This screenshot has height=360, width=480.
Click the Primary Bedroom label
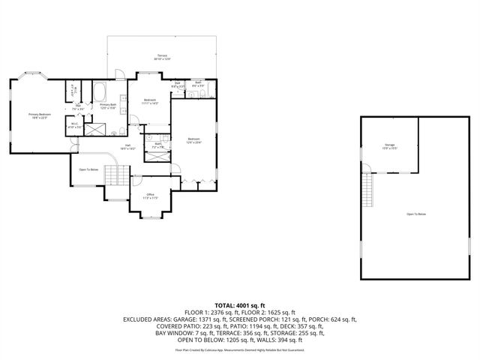39,115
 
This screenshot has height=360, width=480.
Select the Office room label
150,196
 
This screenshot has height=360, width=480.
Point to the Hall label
128,146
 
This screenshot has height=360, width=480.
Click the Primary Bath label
109,106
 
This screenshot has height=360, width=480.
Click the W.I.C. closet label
74,125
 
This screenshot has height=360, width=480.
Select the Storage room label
390,145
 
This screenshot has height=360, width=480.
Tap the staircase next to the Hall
113,175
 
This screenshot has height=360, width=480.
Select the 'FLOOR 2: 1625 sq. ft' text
272,312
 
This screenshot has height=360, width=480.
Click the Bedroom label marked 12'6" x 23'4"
193,140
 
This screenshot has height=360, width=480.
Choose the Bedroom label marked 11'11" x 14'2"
150,101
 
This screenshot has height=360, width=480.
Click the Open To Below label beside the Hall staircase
88,169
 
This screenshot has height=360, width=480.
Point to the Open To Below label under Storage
416,214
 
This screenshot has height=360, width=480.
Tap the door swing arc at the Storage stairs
372,173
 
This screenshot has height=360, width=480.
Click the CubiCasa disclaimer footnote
240,349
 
